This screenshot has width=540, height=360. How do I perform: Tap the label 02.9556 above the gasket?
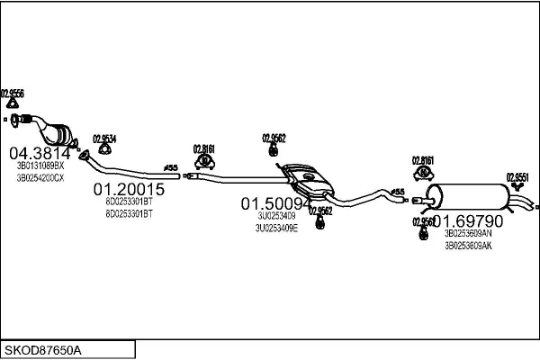pyautogui.click(x=13, y=94)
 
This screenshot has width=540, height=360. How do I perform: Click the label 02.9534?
pyautogui.click(x=105, y=139)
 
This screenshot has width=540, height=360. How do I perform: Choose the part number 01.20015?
pyautogui.click(x=129, y=190)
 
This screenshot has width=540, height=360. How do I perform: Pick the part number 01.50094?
pyautogui.click(x=274, y=204)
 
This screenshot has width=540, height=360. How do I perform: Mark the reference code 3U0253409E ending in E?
pyautogui.click(x=278, y=228)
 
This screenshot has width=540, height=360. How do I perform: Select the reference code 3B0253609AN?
pyautogui.click(x=468, y=233)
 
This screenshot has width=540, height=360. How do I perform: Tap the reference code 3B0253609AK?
pyautogui.click(x=468, y=245)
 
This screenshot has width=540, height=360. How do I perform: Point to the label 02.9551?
pyautogui.click(x=517, y=177)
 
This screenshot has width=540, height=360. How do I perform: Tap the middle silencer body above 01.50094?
pyautogui.click(x=306, y=180)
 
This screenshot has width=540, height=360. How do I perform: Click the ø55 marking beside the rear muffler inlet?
pyautogui.click(x=397, y=191)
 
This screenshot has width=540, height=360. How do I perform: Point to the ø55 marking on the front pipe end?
pyautogui.click(x=169, y=167)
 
